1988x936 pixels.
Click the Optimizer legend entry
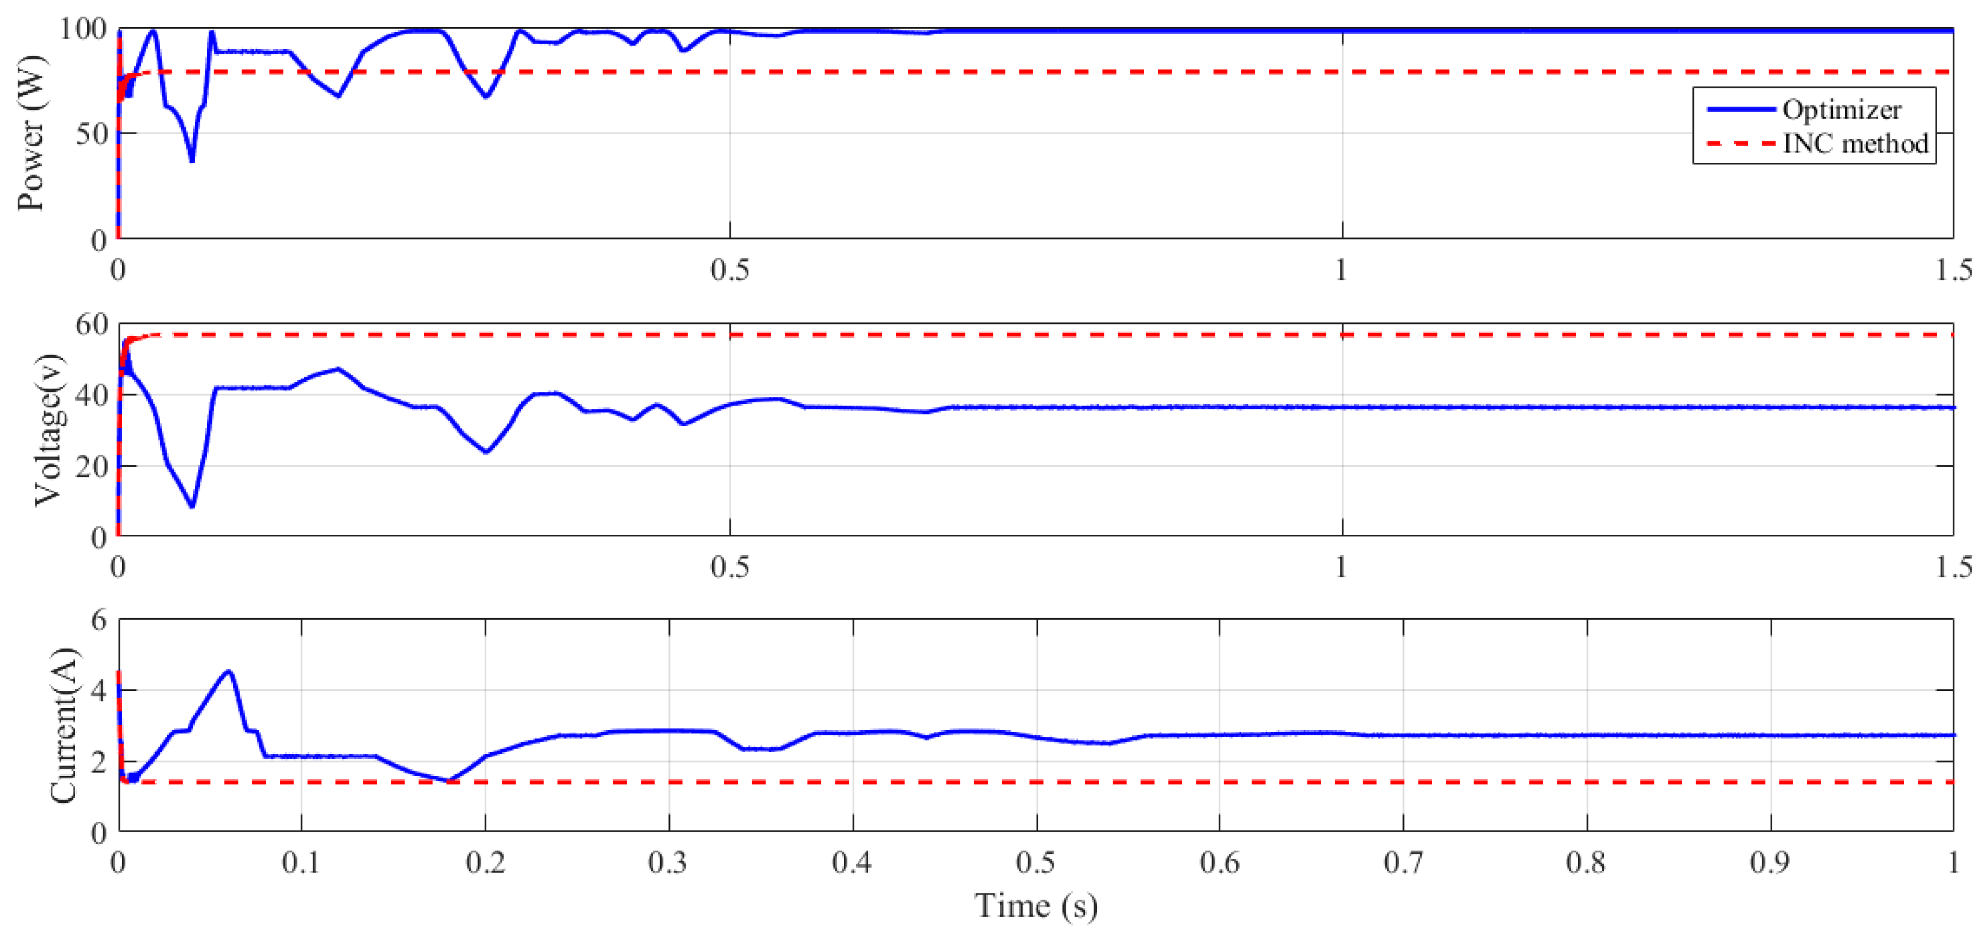(1841, 110)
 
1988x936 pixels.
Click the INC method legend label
(1854, 143)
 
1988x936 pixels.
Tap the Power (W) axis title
(31, 132)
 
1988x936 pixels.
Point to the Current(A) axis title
(63, 725)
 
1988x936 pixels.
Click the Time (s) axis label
(1036, 905)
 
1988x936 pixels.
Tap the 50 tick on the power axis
(91, 134)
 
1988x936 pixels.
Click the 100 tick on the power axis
(83, 29)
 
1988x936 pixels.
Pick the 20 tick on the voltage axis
(91, 466)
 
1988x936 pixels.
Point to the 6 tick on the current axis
(99, 620)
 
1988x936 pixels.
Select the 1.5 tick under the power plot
(1953, 270)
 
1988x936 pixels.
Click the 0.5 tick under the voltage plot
(729, 567)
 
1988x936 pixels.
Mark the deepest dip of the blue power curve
(192, 161)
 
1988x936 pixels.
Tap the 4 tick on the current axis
(99, 690)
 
